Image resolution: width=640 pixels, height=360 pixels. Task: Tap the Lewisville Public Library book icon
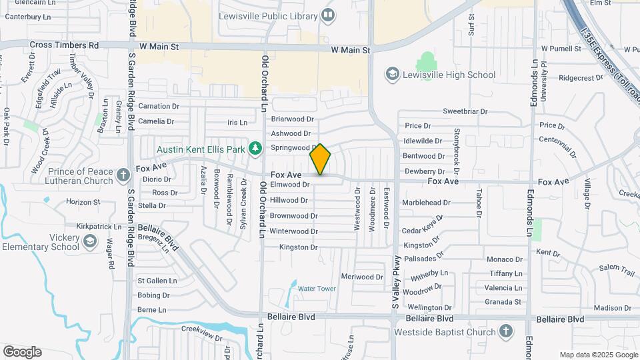pyautogui.click(x=327, y=14)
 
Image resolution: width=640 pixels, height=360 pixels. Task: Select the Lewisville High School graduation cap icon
pyautogui.click(x=393, y=75)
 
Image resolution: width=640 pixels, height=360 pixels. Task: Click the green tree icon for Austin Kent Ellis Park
pyautogui.click(x=254, y=149)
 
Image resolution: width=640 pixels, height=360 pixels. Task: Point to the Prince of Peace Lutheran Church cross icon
pyautogui.click(x=123, y=175)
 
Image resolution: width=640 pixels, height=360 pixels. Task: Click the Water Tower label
pyautogui.click(x=317, y=289)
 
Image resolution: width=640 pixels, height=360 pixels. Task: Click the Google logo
pyautogui.click(x=22, y=352)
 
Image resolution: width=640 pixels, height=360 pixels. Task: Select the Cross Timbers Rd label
pyautogui.click(x=64, y=45)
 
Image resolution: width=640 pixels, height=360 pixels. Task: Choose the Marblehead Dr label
pyautogui.click(x=426, y=203)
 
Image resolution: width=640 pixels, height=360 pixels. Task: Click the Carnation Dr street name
pyautogui.click(x=159, y=106)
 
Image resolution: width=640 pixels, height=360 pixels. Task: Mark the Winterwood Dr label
pyautogui.click(x=293, y=231)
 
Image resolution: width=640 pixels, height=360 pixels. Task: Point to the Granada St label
pyautogui.click(x=503, y=302)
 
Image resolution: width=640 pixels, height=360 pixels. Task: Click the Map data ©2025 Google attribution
pyautogui.click(x=598, y=355)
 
